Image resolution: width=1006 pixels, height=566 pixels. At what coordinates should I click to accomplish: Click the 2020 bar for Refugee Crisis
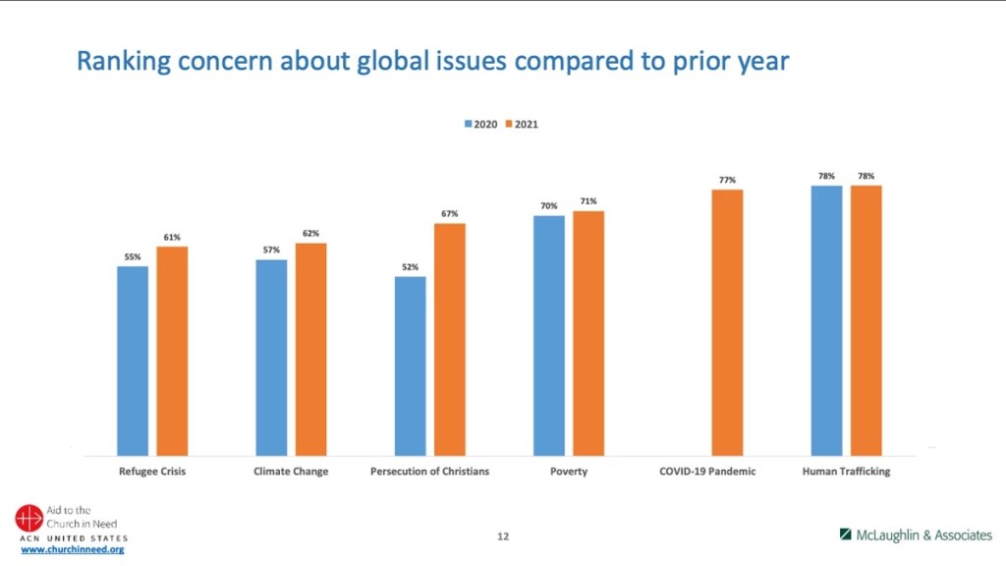point(133,360)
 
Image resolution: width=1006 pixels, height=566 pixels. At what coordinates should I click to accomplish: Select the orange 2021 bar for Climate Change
point(310,348)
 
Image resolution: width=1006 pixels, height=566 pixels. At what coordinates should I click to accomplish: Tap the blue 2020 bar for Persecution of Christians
point(411,365)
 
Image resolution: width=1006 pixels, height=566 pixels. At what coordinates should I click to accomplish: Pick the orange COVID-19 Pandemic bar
point(727,321)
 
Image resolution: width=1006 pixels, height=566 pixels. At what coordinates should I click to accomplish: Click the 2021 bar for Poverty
point(588,332)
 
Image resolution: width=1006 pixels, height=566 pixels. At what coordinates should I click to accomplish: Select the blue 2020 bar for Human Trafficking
point(826,319)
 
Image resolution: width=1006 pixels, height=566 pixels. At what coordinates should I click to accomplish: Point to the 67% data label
point(450,214)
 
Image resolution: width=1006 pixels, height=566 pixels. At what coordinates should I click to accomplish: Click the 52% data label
point(411,267)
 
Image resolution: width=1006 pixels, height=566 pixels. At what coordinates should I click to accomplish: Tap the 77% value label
point(727,180)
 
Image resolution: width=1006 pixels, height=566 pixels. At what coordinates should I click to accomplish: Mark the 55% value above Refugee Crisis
point(133,256)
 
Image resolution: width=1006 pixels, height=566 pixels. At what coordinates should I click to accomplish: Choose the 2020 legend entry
point(480,125)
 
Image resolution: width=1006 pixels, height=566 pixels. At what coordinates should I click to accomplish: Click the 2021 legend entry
point(522,125)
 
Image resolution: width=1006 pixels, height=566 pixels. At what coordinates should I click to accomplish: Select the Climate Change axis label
point(291,472)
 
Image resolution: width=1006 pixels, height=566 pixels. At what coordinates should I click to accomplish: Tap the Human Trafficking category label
point(846,472)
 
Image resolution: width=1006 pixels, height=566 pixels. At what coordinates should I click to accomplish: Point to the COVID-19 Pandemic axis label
point(707,472)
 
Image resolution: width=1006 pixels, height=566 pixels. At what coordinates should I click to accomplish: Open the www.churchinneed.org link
point(73,549)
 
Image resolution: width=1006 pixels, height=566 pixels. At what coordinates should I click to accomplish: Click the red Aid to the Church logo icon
point(28,518)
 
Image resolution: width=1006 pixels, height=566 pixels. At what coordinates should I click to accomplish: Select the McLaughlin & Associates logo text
point(922,536)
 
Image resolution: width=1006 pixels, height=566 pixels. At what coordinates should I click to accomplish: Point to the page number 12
point(503,537)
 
